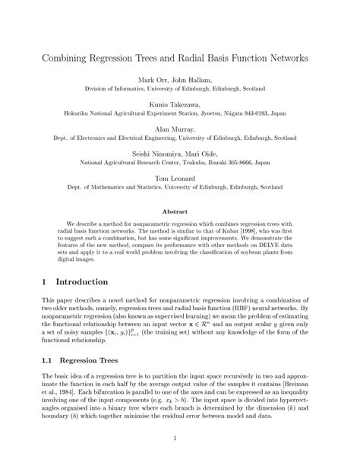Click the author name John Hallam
(x=196, y=79)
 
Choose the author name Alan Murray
(x=179, y=129)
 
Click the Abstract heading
(x=179, y=212)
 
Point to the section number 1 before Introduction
(x=45, y=281)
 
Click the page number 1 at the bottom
(x=180, y=438)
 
